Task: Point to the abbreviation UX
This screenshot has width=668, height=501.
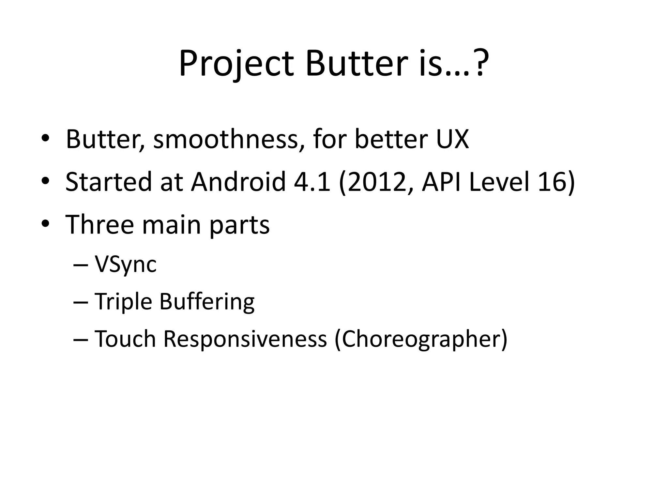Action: coord(452,139)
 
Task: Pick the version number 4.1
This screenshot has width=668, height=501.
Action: coord(312,182)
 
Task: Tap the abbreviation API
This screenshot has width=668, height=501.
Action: coord(442,182)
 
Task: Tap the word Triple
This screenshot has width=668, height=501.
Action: coord(123,302)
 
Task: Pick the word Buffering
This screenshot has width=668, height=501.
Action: coord(207,301)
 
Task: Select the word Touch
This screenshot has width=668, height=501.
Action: coord(125,339)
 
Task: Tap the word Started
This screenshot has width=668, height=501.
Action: coord(109,182)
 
